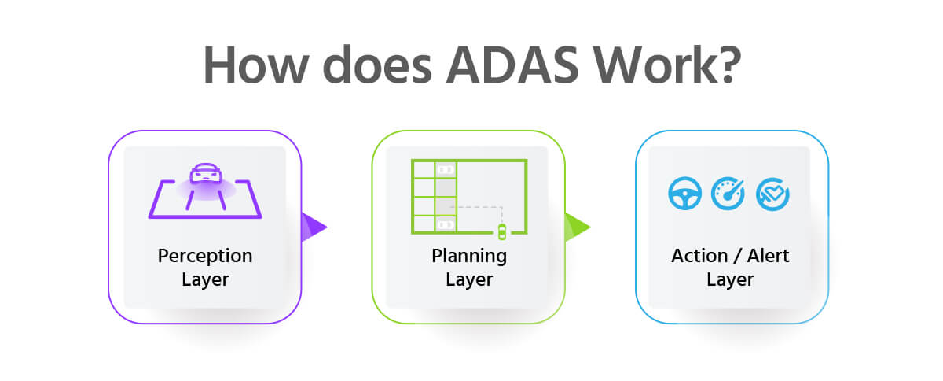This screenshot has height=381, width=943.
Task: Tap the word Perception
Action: tap(205, 256)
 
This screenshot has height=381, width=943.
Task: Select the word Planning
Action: tap(469, 256)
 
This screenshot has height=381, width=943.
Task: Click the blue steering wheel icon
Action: tap(684, 194)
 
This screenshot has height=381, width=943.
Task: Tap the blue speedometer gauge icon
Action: tap(728, 194)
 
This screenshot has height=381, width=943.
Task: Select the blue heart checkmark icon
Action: tap(772, 194)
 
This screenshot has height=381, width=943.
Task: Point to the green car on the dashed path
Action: tap(502, 231)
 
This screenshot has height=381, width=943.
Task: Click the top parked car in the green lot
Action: tap(446, 169)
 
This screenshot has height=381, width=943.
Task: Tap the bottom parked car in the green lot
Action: tap(446, 225)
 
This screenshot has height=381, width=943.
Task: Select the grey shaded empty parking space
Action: tap(446, 197)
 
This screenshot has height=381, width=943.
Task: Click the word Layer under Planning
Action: tap(469, 279)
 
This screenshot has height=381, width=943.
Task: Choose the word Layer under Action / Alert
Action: tap(730, 279)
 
